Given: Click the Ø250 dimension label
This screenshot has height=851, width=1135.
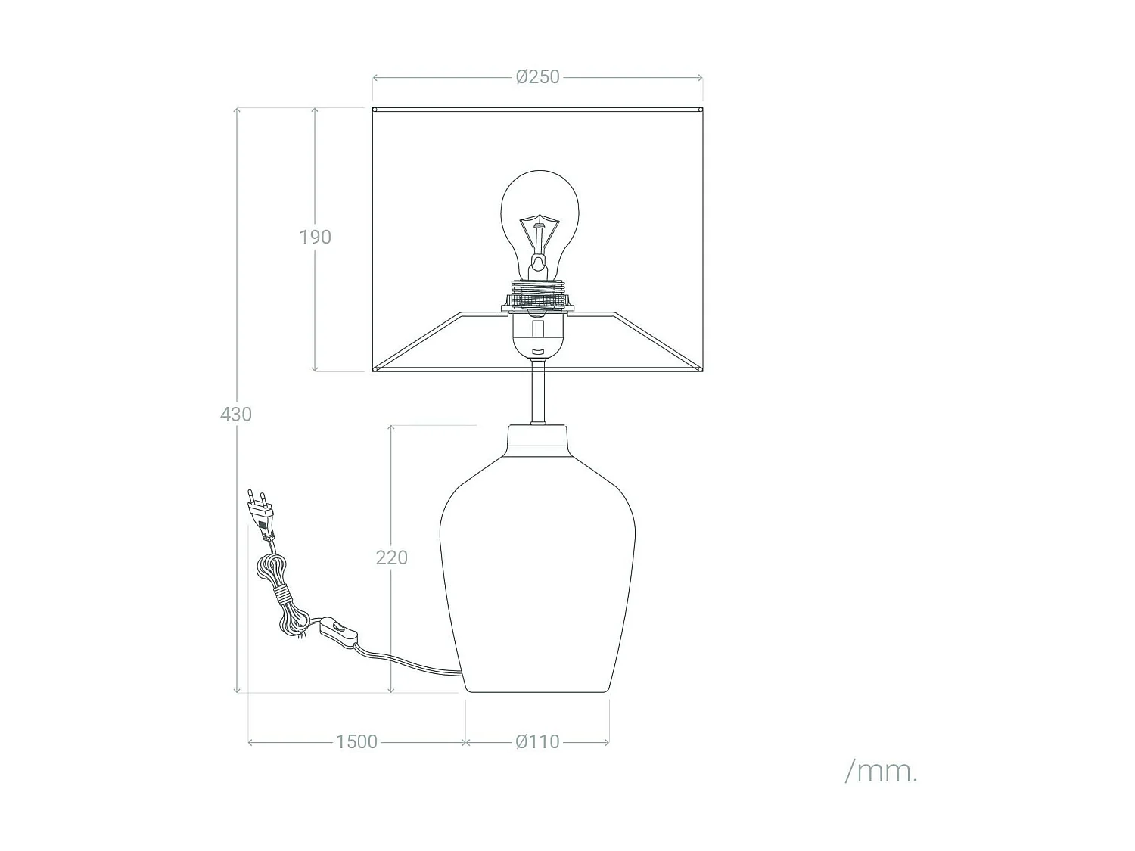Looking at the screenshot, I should point(538,77).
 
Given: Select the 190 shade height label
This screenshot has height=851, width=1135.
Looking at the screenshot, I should point(315,237).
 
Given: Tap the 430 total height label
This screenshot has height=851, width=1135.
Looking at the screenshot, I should point(236,414).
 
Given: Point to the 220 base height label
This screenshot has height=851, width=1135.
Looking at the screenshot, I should point(391,557).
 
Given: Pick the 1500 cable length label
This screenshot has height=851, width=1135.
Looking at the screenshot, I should point(356,741).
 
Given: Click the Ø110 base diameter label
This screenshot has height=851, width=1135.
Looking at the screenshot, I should point(538,741).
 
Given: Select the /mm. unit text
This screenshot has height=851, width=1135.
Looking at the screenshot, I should point(881,772).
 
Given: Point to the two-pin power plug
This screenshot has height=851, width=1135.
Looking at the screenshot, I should point(261,513).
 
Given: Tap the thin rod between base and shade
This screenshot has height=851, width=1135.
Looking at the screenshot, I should point(538,393).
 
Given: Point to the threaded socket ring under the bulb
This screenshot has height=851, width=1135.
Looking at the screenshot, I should point(538,294).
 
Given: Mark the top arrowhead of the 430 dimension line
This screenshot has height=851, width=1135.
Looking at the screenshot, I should point(238,110).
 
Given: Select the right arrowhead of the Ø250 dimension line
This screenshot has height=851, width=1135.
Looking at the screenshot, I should point(700,77).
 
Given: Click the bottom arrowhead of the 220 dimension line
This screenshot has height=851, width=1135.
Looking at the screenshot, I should point(391,689).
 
